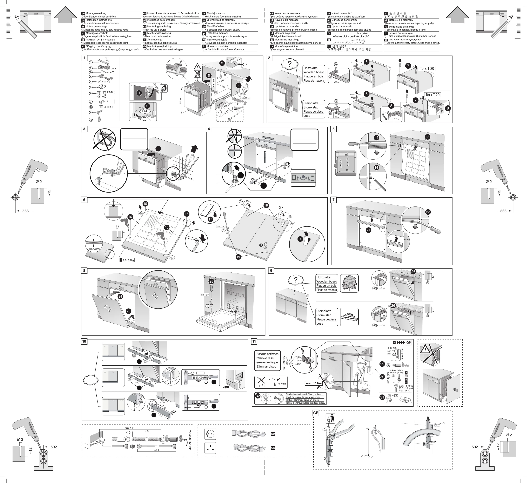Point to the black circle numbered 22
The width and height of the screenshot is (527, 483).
tap(428, 212)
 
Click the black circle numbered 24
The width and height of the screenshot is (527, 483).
tap(120, 296)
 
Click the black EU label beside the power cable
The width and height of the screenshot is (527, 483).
tap(273, 434)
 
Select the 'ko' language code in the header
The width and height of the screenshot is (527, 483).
tap(329, 46)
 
